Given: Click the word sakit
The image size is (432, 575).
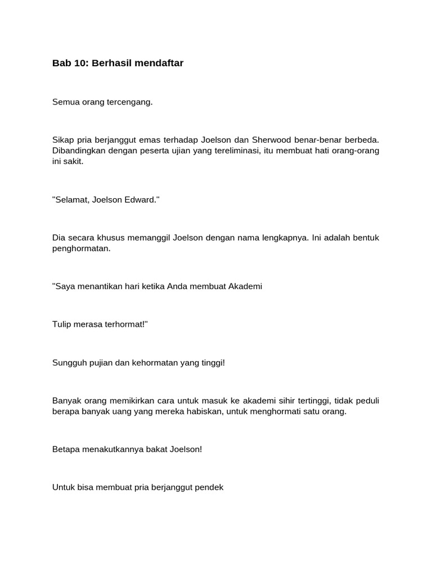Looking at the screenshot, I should (74, 161).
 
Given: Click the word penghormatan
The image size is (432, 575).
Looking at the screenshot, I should (82, 248).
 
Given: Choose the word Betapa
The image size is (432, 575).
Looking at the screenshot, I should (65, 450).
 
